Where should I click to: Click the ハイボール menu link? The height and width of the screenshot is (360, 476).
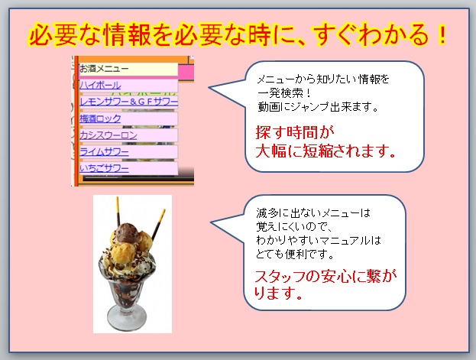tap(100, 85)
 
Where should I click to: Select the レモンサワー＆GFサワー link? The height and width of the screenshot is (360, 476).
tap(128, 102)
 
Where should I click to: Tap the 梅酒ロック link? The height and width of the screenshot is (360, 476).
tap(100, 118)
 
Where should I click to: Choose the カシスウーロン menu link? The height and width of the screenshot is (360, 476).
tap(108, 135)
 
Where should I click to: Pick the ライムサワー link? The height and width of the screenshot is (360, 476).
tap(104, 151)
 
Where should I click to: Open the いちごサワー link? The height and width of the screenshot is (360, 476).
tap(104, 168)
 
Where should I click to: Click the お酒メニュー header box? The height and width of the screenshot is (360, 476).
tap(128, 70)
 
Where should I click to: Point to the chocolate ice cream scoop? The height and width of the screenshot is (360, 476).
tap(128, 233)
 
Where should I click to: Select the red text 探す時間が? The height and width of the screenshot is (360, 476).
tap(295, 132)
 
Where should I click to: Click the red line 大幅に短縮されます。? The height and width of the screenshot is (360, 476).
tap(326, 151)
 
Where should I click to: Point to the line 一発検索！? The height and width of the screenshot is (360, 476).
tap(284, 93)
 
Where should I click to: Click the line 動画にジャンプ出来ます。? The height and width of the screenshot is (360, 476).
tap(318, 107)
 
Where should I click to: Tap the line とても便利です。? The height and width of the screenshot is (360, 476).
tap(295, 254)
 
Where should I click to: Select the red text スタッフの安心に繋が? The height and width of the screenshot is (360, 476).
tap(325, 276)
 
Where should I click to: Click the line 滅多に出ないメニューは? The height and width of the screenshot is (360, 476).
tap(313, 213)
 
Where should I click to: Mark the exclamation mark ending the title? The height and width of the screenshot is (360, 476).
tap(443, 34)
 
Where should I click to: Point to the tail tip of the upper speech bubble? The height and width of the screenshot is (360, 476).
tap(209, 87)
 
